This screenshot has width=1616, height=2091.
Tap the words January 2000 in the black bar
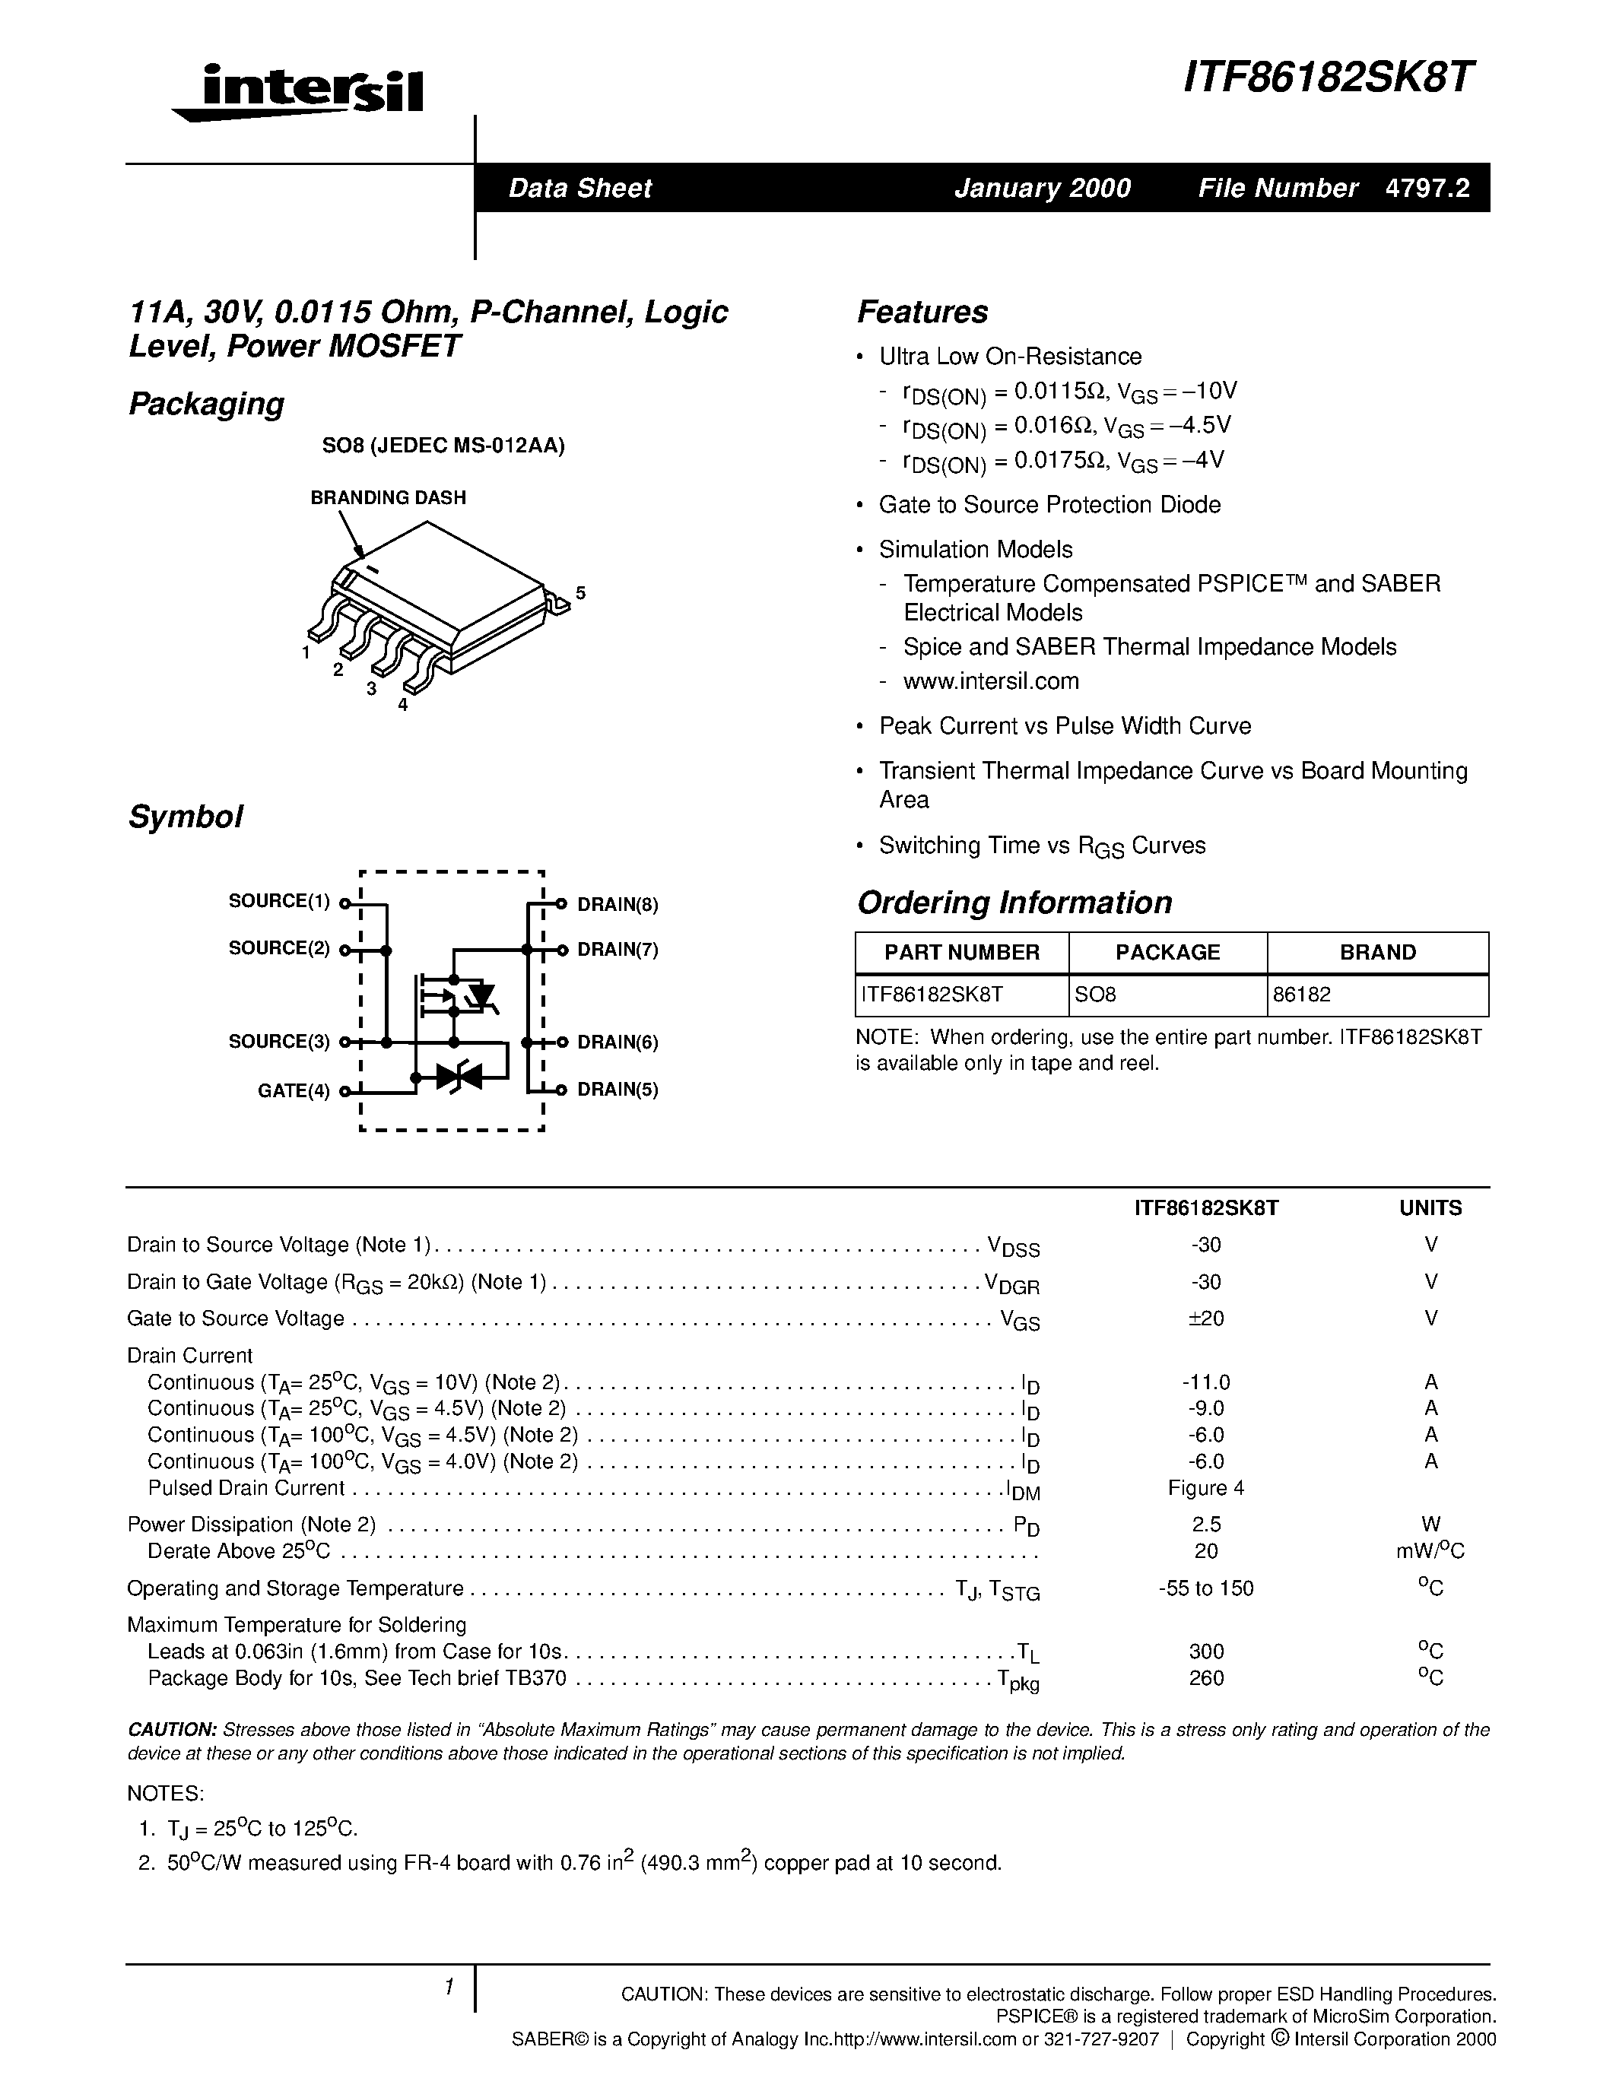coord(1043,188)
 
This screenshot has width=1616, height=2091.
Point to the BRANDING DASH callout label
coord(388,498)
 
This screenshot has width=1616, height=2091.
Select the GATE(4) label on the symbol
coord(293,1090)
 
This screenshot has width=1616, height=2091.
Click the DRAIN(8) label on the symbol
coord(618,905)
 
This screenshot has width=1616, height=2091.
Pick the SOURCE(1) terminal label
coord(278,901)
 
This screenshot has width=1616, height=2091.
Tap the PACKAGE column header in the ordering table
coord(1167,953)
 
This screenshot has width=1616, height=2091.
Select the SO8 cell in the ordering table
coord(1095,995)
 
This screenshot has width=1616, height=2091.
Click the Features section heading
coord(922,312)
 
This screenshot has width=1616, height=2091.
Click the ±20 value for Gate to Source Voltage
coord(1205,1318)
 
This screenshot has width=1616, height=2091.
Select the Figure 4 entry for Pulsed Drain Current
coord(1205,1488)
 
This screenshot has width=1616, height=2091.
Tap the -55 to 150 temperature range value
coord(1205,1588)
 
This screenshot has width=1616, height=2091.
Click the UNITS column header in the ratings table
coord(1430,1208)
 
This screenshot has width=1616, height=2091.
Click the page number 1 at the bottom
coord(448,1988)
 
